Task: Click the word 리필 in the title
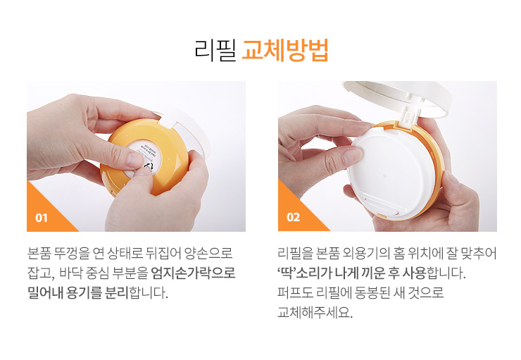pos(215,50)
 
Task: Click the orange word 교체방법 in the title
pos(285,50)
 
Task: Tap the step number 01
pos(42,218)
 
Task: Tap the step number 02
pos(293,218)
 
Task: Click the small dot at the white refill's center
pos(384,176)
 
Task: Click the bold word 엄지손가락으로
pos(194,273)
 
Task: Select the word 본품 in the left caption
pos(39,254)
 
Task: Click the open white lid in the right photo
pos(396,97)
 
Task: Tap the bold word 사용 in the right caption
pos(414,273)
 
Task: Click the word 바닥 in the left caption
pos(70,273)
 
